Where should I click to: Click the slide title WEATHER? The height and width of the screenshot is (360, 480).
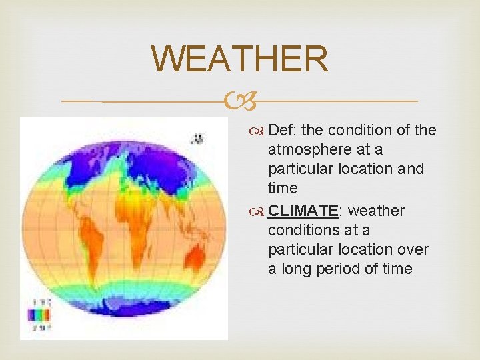[240, 59]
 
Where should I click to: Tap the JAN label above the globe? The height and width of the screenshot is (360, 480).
[197, 139]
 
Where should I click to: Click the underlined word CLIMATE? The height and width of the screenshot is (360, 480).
[304, 211]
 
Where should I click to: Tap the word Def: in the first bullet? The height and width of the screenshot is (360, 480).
[283, 130]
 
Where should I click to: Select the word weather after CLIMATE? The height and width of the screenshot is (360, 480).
[376, 211]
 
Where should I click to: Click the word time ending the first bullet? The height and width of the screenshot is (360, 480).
[283, 188]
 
